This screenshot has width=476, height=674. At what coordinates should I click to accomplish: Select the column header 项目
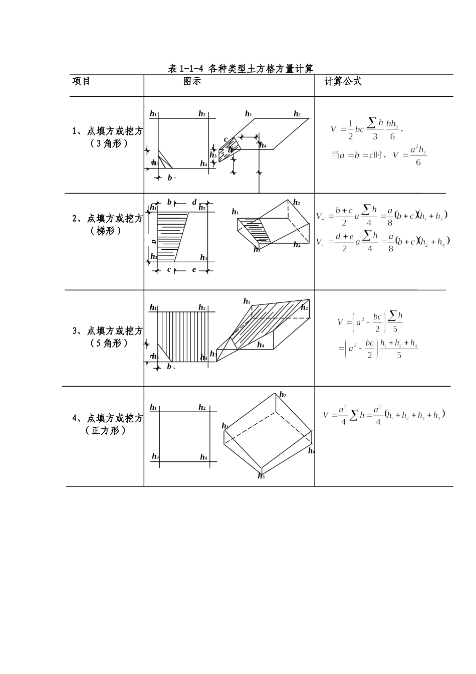tap(82, 81)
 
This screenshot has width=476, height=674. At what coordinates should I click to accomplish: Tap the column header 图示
tap(192, 81)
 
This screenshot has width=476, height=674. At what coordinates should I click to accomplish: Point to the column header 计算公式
tap(343, 81)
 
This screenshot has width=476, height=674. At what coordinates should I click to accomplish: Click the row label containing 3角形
tap(107, 137)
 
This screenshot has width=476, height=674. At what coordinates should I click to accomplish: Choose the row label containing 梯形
tap(107, 224)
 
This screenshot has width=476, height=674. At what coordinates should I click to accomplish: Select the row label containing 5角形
tap(107, 337)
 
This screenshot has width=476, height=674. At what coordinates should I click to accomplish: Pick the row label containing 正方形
tap(107, 424)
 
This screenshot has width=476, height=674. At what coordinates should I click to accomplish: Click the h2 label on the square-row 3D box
tap(283, 395)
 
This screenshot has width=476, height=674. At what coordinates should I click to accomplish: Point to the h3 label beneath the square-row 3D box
tap(261, 476)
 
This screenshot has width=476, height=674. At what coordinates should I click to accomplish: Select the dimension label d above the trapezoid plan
tap(194, 202)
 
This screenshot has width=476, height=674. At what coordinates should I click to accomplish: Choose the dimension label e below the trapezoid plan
tap(194, 270)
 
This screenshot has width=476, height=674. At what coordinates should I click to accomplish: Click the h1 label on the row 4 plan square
tap(153, 407)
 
